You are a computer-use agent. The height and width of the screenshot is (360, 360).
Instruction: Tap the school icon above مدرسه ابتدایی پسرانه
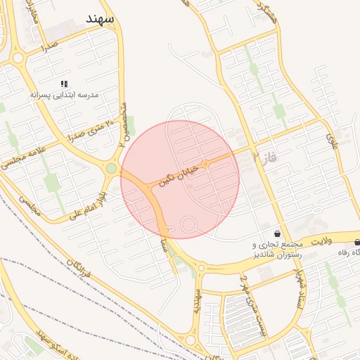(x=65, y=83)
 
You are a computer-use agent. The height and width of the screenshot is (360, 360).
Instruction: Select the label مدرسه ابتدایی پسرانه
(x=65, y=94)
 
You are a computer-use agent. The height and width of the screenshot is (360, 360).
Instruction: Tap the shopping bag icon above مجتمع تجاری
(x=278, y=233)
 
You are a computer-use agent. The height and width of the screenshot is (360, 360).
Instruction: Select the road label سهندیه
(x=198, y=302)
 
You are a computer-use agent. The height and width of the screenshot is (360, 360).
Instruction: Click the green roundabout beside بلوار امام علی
(x=111, y=168)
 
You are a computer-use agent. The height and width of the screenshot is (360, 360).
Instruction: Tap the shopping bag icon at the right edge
(x=356, y=242)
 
